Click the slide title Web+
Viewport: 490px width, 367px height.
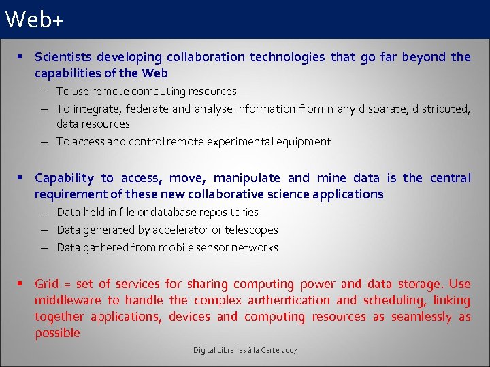coord(33,20)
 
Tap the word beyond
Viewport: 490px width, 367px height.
coord(423,57)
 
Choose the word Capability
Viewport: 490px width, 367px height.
coord(64,178)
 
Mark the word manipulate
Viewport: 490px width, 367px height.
coord(246,178)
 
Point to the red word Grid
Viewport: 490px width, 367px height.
coord(47,284)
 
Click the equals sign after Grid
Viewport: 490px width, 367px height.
coord(68,284)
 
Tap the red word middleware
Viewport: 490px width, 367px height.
coord(67,300)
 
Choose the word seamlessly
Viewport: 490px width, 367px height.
coord(421,317)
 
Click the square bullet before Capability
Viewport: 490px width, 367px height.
coord(22,177)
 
